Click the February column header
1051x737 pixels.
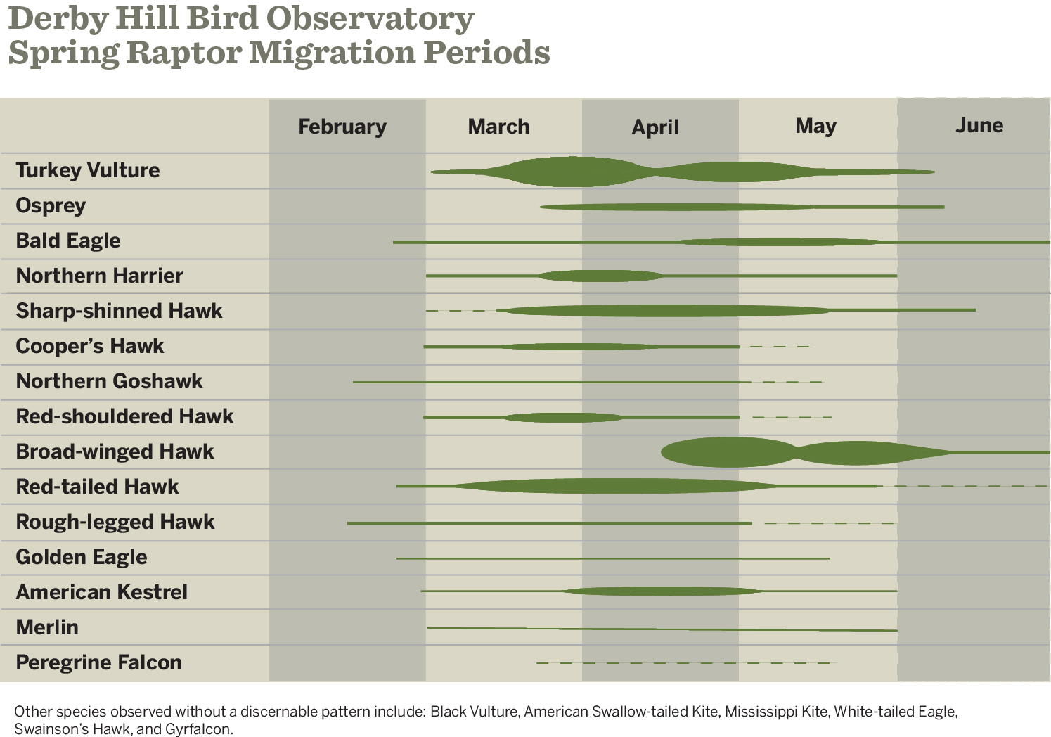coord(342,127)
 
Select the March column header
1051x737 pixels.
coord(498,127)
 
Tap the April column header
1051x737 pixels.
coord(655,127)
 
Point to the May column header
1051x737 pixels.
coord(815,126)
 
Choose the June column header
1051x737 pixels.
coord(979,125)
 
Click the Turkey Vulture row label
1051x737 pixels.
coord(88,170)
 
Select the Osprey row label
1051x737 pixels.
coord(51,205)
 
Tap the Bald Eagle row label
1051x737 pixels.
coord(68,241)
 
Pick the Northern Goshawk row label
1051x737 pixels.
coord(109,381)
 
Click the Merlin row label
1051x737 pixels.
coord(47,627)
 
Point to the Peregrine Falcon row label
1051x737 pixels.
coord(98,662)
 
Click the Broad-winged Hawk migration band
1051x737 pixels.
coord(731,452)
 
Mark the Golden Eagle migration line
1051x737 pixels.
coord(612,558)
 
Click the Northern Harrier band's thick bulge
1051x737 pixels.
coord(600,276)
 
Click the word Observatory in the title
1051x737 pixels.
coord(370,19)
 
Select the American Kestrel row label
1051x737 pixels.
coord(101,592)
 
